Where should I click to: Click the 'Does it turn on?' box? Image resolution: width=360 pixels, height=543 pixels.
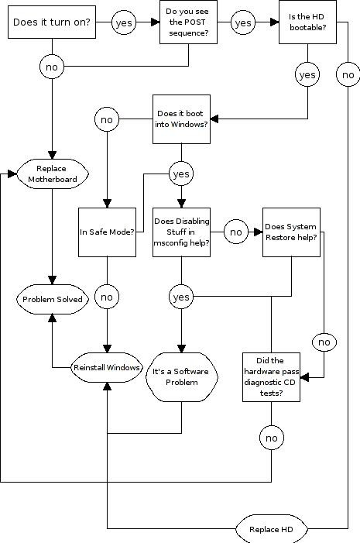(x=52, y=22)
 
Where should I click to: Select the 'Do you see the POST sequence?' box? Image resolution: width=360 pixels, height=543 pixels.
(x=188, y=22)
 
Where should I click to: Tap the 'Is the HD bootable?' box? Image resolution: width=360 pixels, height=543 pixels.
(x=307, y=22)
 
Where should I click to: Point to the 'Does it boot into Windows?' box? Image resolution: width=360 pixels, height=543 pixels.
(x=181, y=119)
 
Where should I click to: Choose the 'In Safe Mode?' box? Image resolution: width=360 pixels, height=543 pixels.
(x=107, y=232)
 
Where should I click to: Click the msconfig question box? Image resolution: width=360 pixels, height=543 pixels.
(x=181, y=232)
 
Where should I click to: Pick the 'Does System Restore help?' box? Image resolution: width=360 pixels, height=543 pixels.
(x=291, y=232)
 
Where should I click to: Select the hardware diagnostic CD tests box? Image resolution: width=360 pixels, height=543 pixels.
(x=271, y=377)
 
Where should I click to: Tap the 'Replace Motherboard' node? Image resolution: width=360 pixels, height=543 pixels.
(x=53, y=174)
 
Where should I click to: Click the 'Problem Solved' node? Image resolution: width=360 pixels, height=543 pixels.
(x=53, y=299)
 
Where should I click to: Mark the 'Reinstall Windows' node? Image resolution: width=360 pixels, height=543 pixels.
(x=107, y=367)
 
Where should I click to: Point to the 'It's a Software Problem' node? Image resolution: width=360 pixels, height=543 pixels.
(x=182, y=377)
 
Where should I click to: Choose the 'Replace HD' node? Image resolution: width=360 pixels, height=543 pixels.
(x=272, y=529)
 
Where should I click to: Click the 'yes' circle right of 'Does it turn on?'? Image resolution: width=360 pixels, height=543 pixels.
(x=124, y=23)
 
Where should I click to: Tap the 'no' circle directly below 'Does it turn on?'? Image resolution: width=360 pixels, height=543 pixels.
(x=52, y=67)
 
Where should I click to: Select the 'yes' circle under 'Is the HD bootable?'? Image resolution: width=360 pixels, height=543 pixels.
(x=307, y=74)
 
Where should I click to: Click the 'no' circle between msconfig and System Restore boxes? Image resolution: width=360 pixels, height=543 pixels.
(x=235, y=232)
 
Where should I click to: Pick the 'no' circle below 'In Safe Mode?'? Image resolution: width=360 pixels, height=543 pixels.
(x=107, y=297)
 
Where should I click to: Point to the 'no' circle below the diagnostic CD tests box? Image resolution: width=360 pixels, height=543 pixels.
(x=272, y=438)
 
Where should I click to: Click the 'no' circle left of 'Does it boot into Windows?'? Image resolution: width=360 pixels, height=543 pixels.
(x=107, y=119)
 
